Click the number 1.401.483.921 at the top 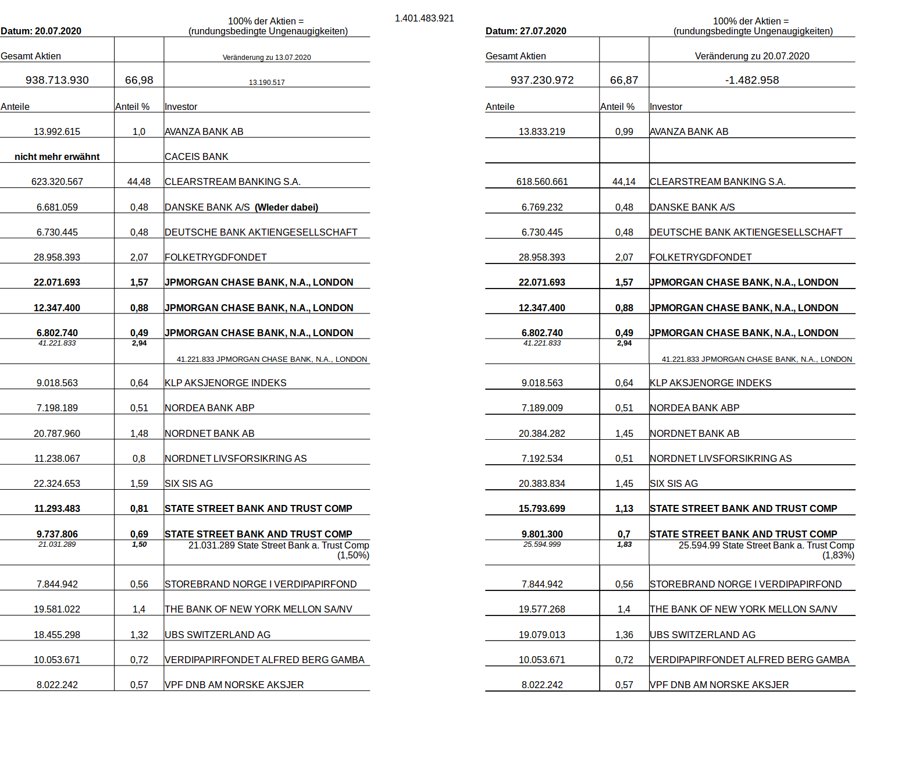[424, 19]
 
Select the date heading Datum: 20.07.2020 [41, 31]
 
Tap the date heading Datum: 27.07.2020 [526, 31]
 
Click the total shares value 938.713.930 [57, 80]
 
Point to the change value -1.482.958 [751, 80]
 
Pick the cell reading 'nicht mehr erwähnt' [57, 157]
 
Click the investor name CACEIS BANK [196, 157]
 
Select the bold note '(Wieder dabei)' [286, 208]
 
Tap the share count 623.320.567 [57, 182]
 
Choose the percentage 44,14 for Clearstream [623, 182]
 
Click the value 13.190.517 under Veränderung [266, 83]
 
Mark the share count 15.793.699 [541, 509]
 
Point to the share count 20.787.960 [57, 434]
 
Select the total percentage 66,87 [623, 80]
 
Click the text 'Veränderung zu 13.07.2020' [266, 58]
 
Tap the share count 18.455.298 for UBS [57, 635]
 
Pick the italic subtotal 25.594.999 [541, 544]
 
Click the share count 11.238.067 [57, 459]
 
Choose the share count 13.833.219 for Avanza [541, 132]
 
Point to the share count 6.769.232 [541, 208]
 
